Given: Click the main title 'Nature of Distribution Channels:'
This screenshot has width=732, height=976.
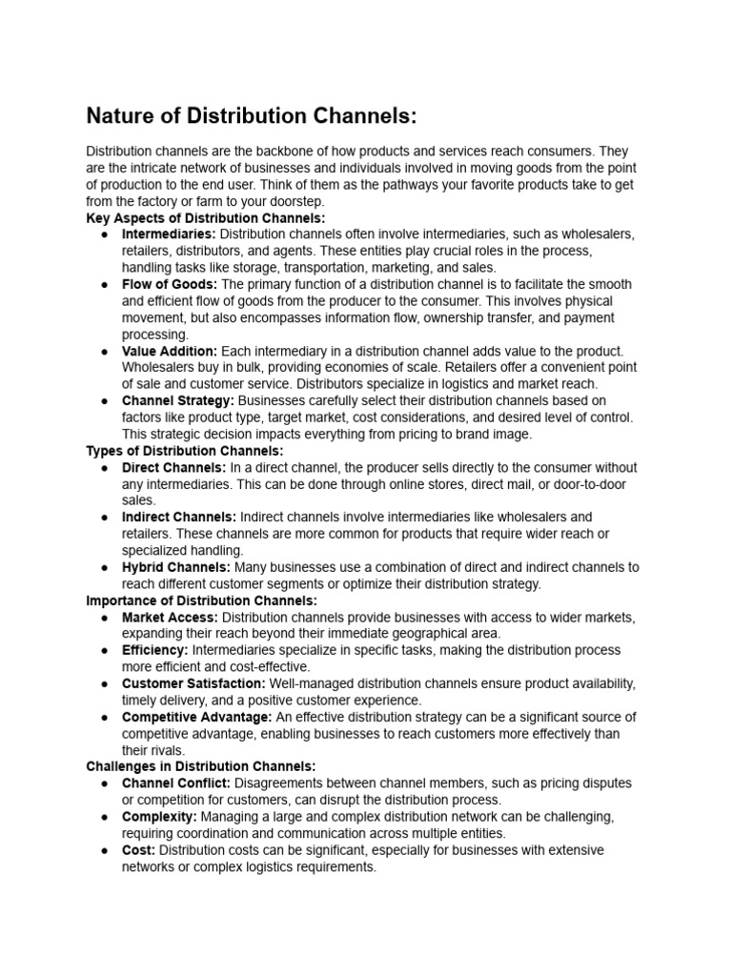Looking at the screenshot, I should (252, 116).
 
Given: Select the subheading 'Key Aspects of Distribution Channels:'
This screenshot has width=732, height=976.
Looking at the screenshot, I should (206, 218).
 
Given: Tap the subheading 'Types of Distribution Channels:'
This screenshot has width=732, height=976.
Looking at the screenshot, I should (185, 451).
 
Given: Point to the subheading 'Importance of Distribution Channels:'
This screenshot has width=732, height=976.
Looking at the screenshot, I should (201, 600).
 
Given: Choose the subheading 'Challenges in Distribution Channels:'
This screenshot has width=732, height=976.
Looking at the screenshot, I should (200, 766).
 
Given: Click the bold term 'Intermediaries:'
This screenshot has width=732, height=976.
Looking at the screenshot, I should (169, 234).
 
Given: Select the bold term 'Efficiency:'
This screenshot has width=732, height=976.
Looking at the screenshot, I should (155, 650).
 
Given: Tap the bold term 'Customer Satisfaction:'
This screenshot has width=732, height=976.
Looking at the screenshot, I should (193, 683).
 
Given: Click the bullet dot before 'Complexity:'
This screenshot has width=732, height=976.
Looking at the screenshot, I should (103, 817).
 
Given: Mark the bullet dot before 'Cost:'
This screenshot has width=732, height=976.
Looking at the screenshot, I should (103, 850).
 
